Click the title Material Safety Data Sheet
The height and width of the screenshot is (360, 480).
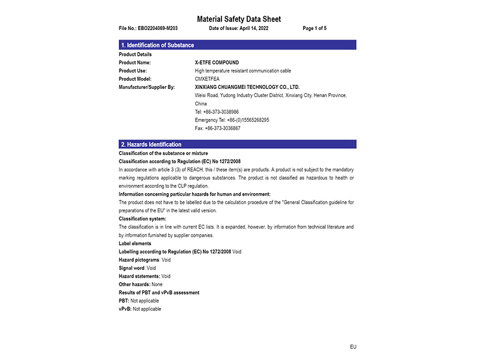[239, 19]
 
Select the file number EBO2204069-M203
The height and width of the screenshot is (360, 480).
[157, 28]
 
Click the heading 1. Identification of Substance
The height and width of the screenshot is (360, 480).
[157, 45]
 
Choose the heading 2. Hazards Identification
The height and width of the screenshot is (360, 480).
[151, 145]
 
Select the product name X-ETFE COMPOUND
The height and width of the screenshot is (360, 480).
[217, 62]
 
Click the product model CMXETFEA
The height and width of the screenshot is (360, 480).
[207, 79]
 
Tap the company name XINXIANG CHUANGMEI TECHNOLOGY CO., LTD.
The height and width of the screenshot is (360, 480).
[247, 87]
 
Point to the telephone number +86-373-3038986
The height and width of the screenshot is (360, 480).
[221, 112]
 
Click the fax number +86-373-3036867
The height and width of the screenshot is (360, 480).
[222, 128]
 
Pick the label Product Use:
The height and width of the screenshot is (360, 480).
[134, 71]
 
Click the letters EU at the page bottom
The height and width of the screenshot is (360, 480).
[353, 347]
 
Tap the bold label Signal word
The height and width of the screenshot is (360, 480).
[132, 268]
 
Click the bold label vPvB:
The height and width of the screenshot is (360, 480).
[125, 308]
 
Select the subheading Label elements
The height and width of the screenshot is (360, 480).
[135, 244]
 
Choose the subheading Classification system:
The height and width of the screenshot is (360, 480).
[142, 219]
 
